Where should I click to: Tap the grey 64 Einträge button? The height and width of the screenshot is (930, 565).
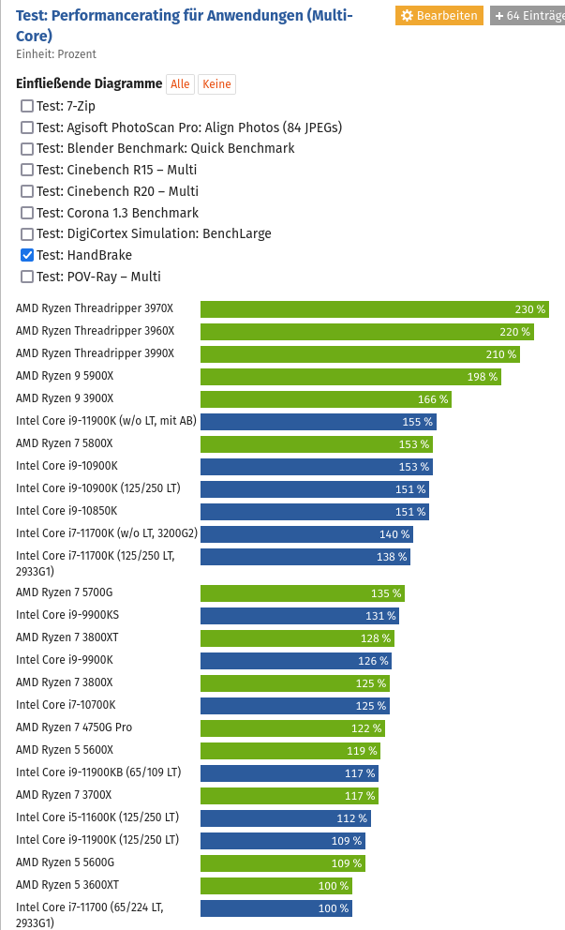[x=528, y=16]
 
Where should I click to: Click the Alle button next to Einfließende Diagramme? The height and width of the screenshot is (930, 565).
[x=180, y=84]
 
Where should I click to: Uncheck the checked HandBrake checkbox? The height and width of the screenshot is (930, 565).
[x=27, y=255]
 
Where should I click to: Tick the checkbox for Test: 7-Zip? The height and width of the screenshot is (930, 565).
[x=27, y=106]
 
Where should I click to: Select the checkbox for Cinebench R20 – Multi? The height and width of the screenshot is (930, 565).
[x=27, y=191]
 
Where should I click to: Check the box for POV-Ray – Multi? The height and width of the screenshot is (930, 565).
[x=27, y=277]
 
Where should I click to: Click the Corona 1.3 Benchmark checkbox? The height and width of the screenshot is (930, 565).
[x=27, y=213]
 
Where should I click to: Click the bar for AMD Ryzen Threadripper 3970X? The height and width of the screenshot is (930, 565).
[x=374, y=309]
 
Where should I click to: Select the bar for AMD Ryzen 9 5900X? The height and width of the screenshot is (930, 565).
[x=350, y=377]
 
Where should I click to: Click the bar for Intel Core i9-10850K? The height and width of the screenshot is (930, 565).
[x=315, y=512]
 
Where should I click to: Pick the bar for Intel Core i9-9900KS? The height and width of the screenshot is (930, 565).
[x=299, y=616]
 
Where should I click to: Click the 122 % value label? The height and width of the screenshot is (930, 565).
[x=366, y=728]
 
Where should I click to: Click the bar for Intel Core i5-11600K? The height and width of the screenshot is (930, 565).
[x=286, y=818]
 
